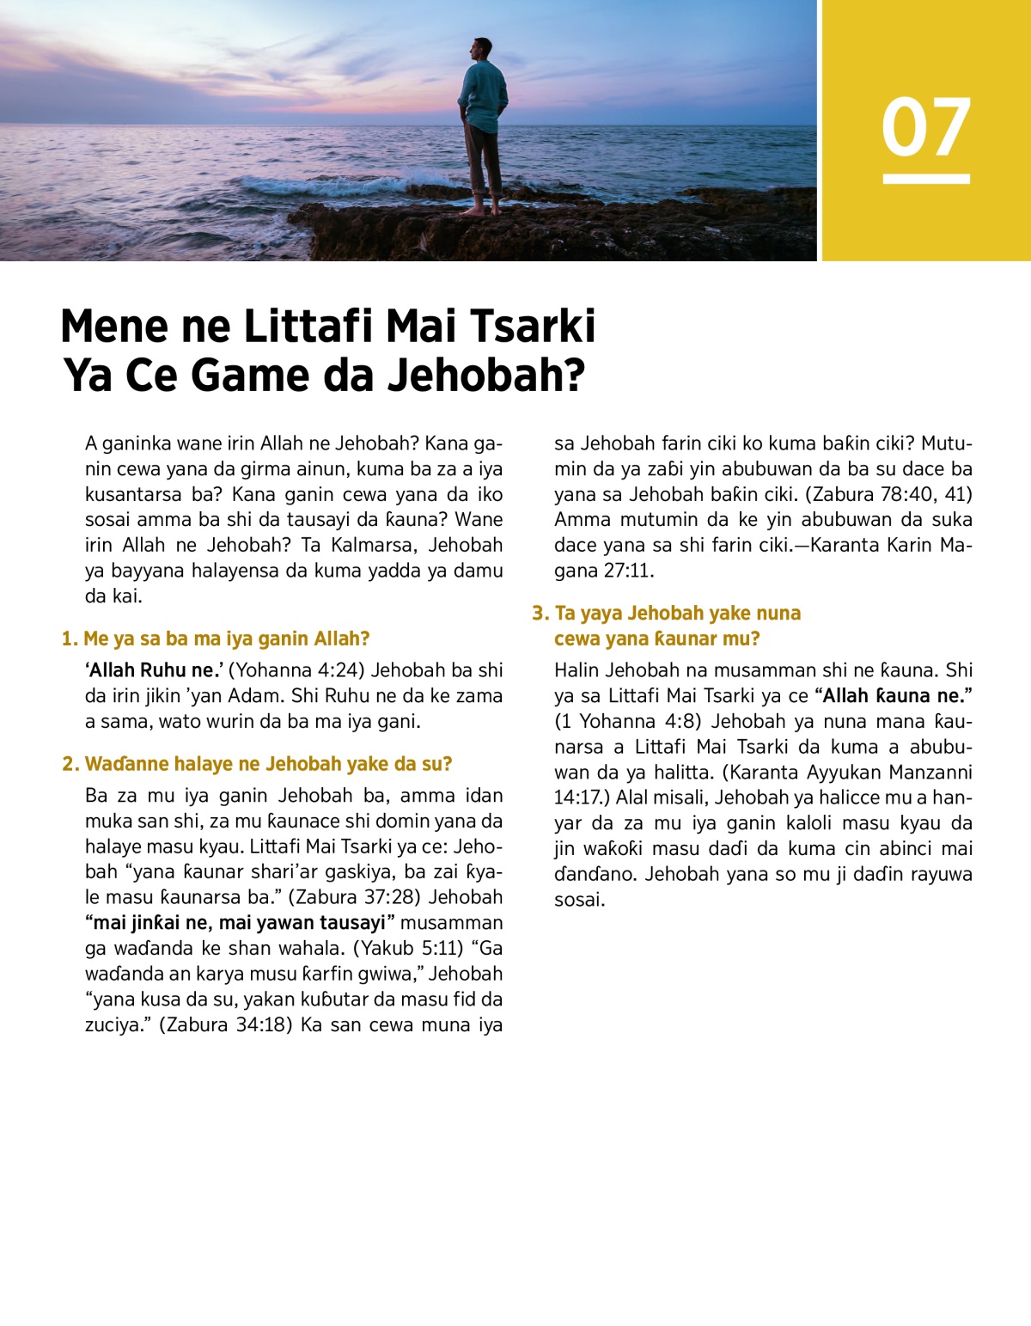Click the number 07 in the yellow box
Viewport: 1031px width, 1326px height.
(x=926, y=127)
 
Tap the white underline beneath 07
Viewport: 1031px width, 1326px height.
(x=926, y=179)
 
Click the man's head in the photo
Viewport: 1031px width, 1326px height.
(x=482, y=50)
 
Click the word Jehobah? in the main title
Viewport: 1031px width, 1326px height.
(x=486, y=376)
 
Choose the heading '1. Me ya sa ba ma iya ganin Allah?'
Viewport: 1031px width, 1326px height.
(x=216, y=639)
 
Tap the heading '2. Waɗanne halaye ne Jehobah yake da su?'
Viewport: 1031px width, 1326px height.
(x=257, y=764)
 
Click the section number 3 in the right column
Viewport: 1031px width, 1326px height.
(x=539, y=613)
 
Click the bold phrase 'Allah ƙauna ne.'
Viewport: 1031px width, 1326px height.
(x=894, y=695)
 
